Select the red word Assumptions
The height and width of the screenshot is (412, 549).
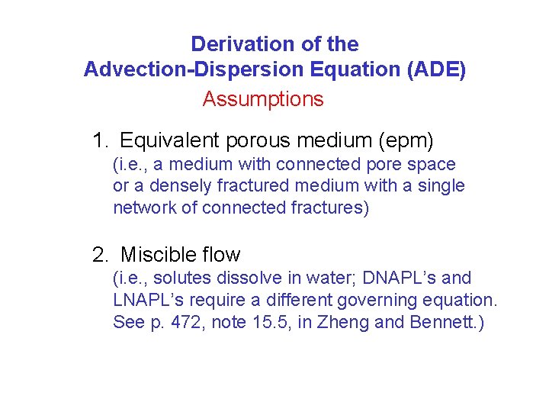coord(263,99)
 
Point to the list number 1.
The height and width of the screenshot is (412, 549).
coord(99,140)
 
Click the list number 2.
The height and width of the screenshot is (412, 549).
coord(99,255)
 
